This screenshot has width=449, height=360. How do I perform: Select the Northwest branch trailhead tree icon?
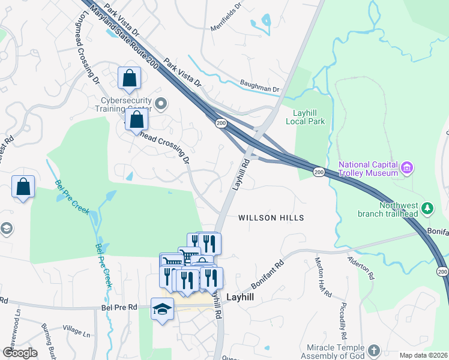(x=427, y=208)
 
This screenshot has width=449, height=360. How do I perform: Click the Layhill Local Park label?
(x=308, y=117)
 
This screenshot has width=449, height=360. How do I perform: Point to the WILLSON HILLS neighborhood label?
(x=271, y=218)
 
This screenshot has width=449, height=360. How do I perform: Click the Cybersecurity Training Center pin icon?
(x=160, y=104)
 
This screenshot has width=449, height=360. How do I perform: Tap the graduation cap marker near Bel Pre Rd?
(x=161, y=308)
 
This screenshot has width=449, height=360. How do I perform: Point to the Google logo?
(x=20, y=352)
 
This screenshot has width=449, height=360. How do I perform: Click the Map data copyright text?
(x=423, y=355)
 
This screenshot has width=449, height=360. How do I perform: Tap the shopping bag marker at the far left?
(x=23, y=186)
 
